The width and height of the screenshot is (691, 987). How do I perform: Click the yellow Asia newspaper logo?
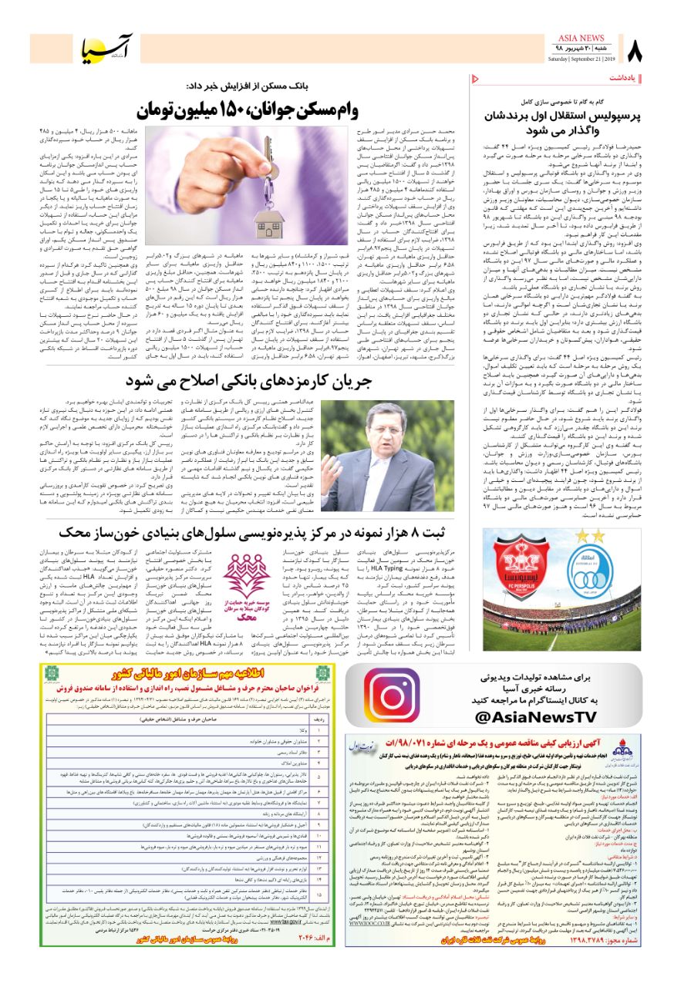click(109, 49)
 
